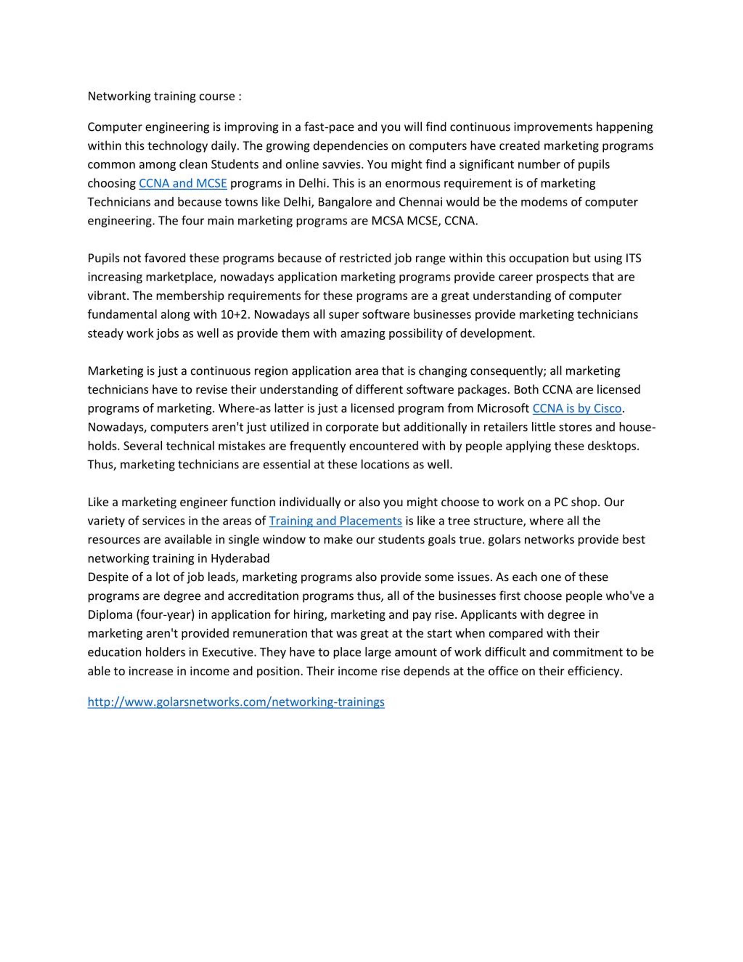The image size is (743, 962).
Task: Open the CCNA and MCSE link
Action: click(183, 183)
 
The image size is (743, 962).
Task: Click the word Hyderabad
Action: click(240, 558)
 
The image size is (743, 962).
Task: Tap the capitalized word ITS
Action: click(633, 258)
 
